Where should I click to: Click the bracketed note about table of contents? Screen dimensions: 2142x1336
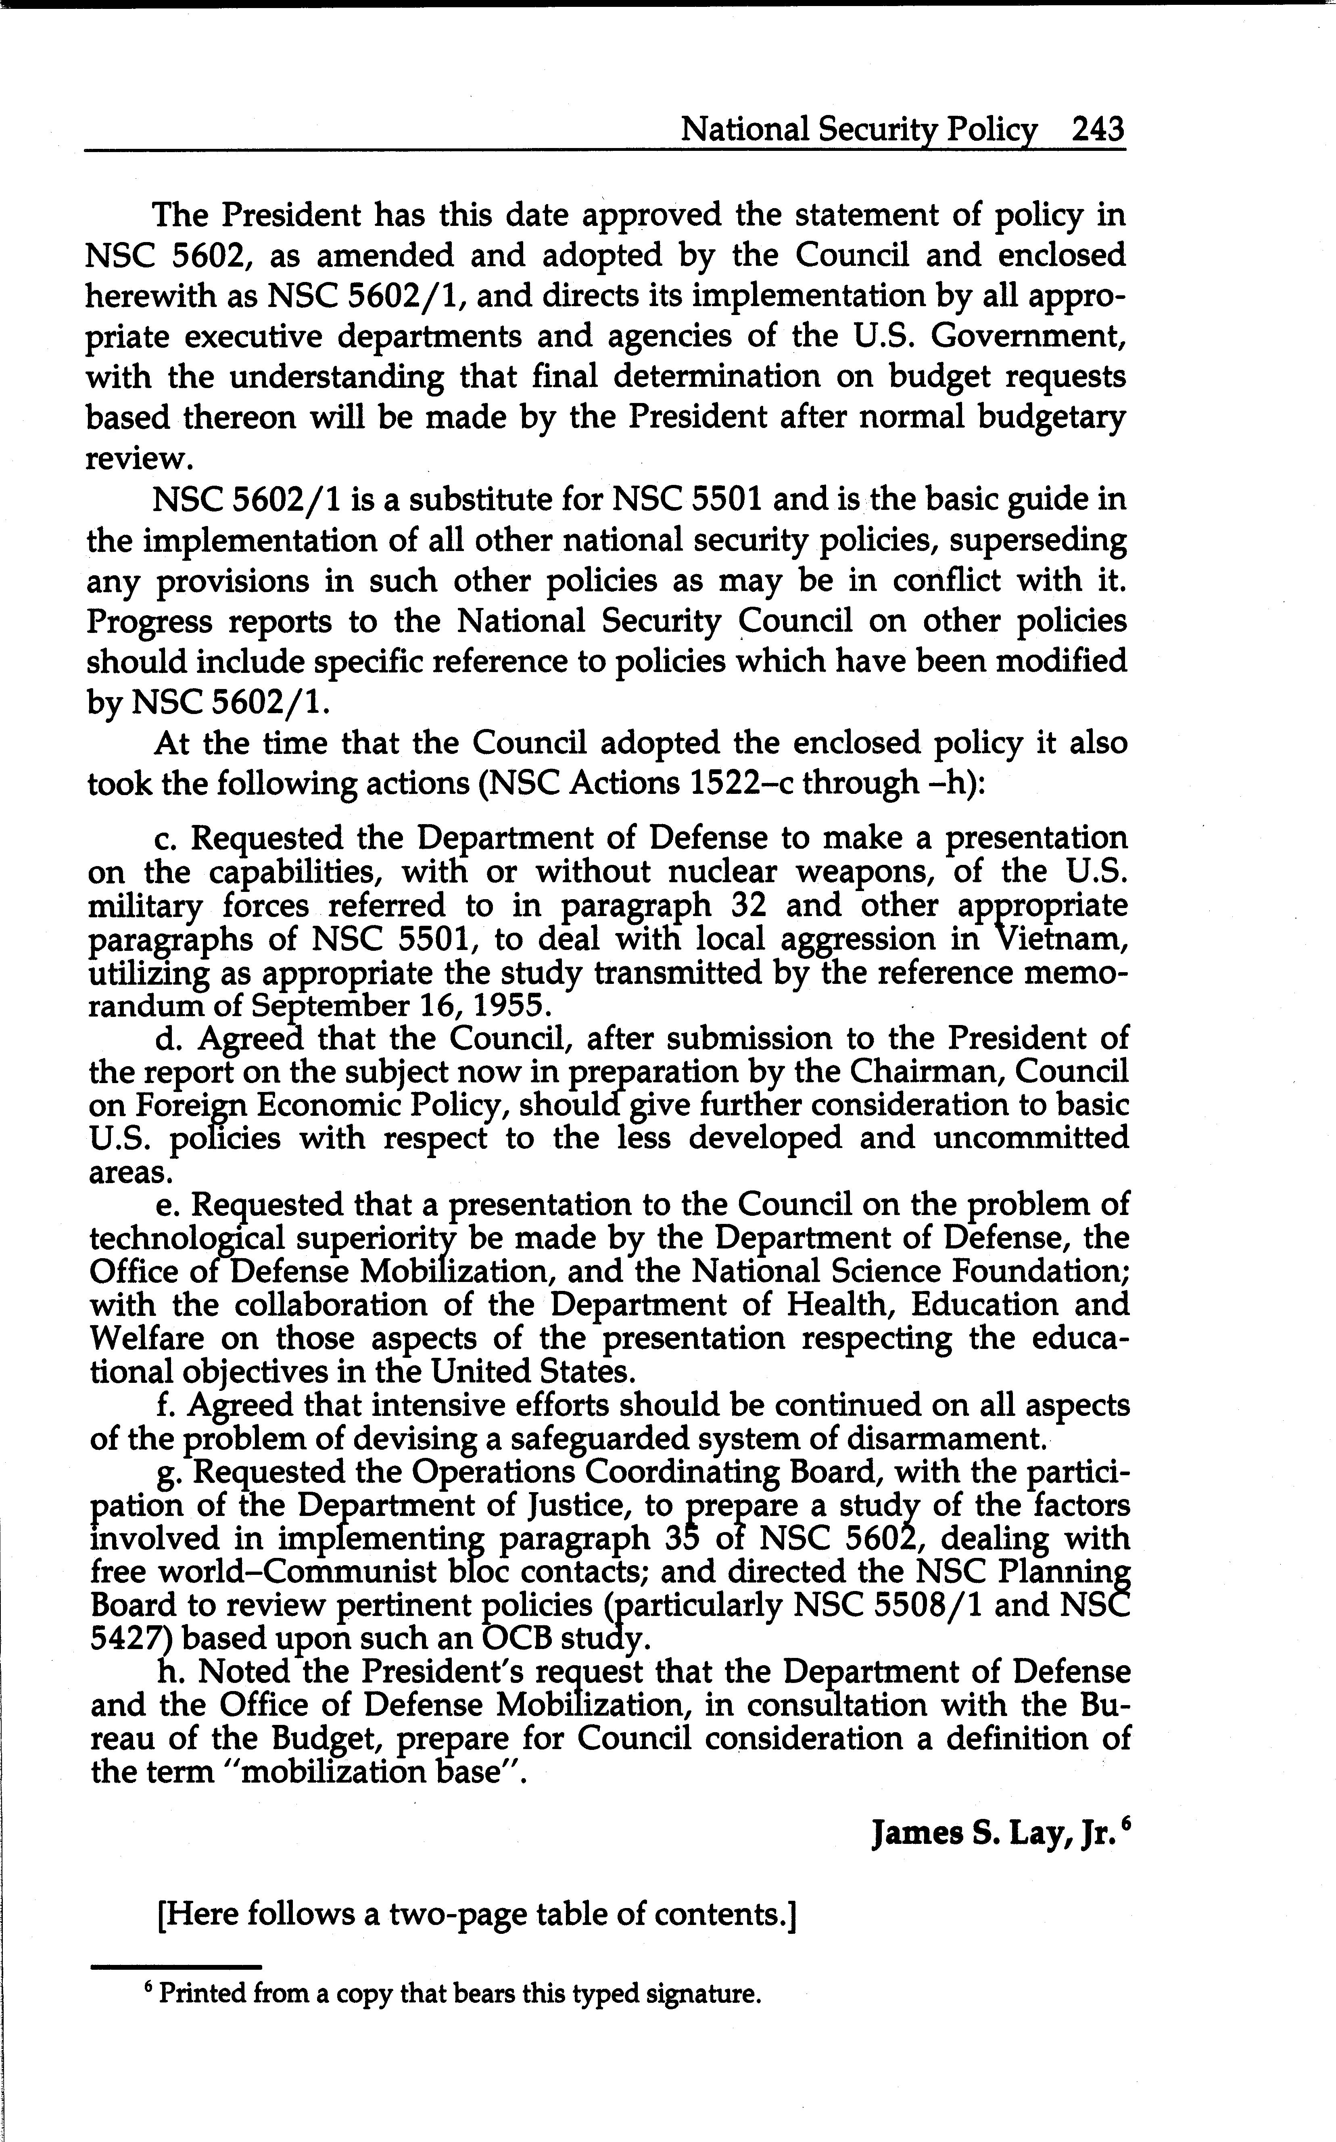pos(477,1914)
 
